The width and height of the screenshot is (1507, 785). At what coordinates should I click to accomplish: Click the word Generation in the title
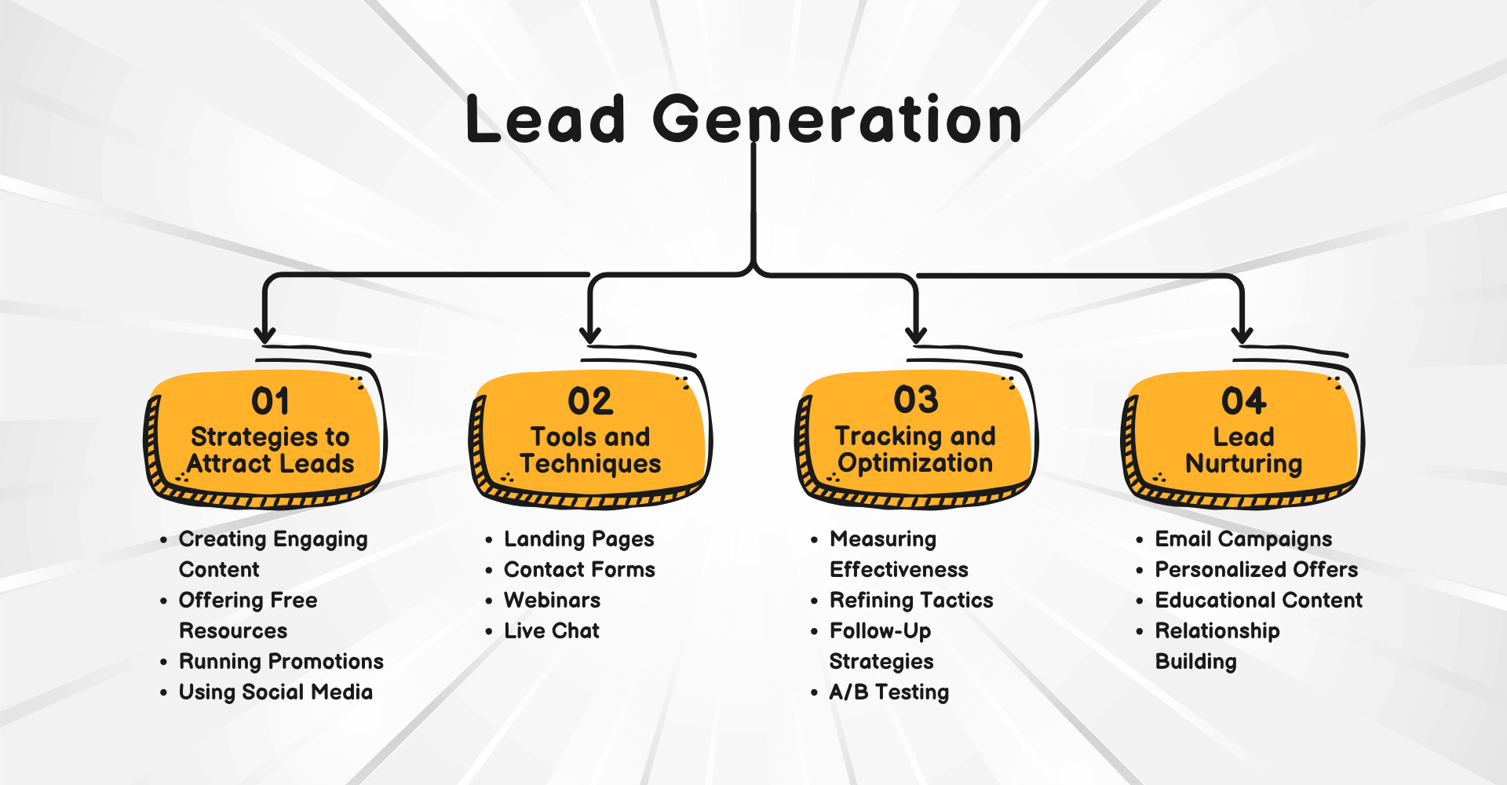pos(837,119)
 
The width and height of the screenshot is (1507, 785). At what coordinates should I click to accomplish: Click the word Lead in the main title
pos(546,119)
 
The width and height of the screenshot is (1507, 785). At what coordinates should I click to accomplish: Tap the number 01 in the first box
pos(270,401)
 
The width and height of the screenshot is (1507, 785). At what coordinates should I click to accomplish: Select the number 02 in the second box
pos(590,401)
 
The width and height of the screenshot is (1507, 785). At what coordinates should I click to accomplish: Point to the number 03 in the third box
pos(916,400)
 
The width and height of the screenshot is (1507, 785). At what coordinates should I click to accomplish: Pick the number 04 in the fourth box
pos(1243,401)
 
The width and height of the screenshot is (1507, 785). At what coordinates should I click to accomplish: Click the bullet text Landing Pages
pos(578,539)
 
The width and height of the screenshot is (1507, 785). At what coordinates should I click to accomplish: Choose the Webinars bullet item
pos(552,601)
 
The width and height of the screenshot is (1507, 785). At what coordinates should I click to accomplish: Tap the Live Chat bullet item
pos(551,631)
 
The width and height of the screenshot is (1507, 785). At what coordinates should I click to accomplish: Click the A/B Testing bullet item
pos(889,692)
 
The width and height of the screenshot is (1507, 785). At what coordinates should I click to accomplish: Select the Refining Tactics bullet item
pos(911,601)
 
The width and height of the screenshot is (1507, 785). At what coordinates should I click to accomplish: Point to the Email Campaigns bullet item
pos(1243,539)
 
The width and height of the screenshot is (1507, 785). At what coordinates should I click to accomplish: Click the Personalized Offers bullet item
pos(1256,570)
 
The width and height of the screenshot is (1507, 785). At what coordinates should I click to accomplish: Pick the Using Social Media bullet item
pos(275,692)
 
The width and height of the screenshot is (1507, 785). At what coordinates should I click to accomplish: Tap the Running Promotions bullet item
pos(281,662)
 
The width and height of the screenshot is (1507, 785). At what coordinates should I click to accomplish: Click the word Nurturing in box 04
pos(1243,464)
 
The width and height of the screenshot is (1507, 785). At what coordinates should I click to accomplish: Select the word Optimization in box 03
pos(915,463)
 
